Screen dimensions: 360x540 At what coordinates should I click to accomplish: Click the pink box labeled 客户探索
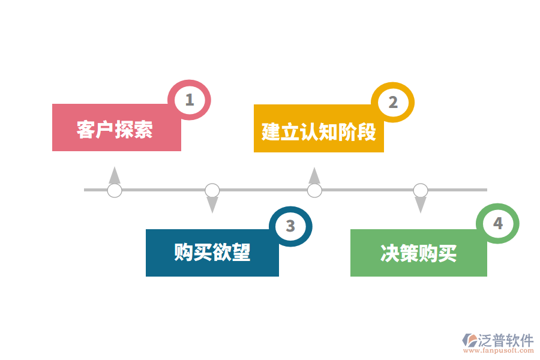pos(116,128)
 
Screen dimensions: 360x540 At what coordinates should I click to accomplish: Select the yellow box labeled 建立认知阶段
pos(319,129)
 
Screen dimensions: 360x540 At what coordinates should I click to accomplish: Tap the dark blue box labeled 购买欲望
pos(212,252)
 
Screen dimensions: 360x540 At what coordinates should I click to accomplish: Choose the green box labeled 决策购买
pos(418,253)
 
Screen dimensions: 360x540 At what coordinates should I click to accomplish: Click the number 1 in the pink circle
pos(190,100)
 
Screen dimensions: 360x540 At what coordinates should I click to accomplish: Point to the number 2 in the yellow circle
pos(392,103)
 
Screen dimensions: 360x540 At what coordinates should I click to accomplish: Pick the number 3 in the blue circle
pos(290,226)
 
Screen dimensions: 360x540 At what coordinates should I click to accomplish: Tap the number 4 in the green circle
pos(497,224)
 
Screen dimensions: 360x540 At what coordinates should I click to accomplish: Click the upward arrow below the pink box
pos(114,175)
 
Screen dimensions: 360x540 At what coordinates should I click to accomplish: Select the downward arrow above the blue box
pos(212,205)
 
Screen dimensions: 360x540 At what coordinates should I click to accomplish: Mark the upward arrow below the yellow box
pos(314,175)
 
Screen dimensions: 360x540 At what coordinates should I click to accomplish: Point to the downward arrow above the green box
pos(421,205)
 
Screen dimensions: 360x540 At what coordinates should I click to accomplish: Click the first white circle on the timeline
pos(114,191)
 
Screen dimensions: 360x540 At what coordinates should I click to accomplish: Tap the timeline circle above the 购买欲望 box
pos(212,191)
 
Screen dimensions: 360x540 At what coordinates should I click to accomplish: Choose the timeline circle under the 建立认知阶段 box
pos(314,191)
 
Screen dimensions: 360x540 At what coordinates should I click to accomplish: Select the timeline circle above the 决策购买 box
pos(421,191)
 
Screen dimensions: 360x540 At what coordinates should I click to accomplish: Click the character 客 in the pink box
pos(86,130)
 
